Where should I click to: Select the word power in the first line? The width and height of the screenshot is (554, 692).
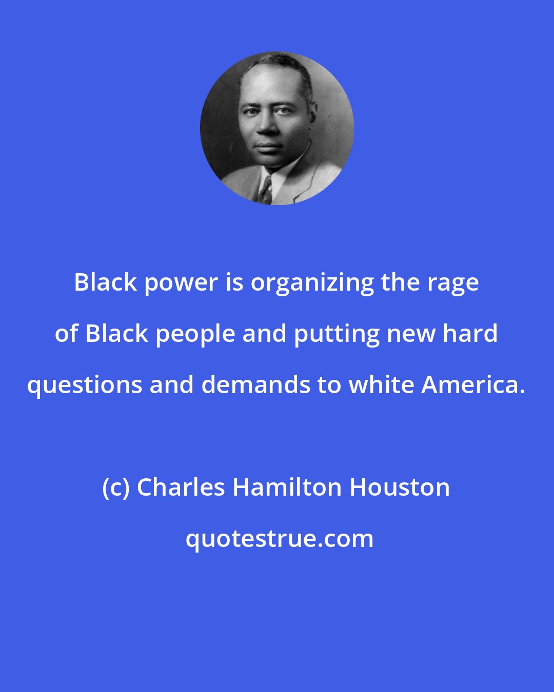coord(181,283)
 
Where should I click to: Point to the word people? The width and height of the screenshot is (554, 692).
coord(195,334)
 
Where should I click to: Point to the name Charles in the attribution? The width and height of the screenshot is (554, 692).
coord(181,487)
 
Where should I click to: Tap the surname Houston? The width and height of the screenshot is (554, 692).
coord(400,487)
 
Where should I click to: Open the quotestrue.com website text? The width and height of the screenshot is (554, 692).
coord(280,539)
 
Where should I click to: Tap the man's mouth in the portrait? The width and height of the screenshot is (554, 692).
coord(268,147)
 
